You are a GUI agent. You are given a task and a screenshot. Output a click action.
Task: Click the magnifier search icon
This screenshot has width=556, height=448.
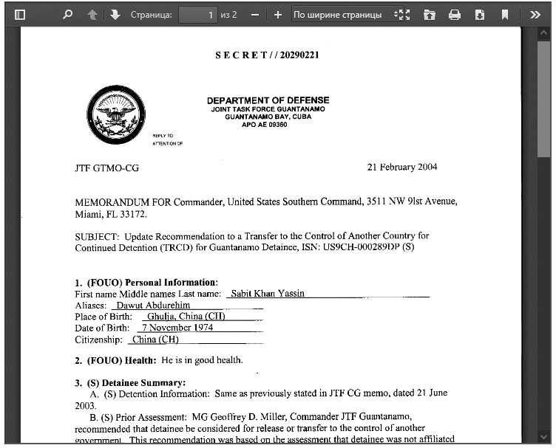coord(67,15)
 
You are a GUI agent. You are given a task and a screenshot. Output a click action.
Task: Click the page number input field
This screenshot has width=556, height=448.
coord(197,15)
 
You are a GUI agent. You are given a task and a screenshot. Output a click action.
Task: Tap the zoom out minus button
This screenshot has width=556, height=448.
coord(255,15)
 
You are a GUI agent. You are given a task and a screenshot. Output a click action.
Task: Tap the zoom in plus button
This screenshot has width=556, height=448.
coord(278,15)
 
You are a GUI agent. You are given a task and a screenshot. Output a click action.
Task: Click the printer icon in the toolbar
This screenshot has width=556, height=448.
coord(455,15)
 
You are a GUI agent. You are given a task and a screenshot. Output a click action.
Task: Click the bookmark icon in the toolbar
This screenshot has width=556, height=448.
coord(504,15)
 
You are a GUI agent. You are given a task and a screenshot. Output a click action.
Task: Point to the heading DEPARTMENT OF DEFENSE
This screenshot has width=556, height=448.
coord(268,100)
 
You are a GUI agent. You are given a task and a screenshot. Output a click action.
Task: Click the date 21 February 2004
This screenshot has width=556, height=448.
coord(402,167)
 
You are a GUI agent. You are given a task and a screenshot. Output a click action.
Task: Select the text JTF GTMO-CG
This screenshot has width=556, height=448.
coord(106,168)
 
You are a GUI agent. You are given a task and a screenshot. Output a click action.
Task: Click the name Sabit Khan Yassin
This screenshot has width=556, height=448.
coord(267,294)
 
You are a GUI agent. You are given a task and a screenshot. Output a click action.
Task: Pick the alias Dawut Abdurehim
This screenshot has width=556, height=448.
coord(153,305)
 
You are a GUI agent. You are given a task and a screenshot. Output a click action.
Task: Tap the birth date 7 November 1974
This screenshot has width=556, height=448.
coord(177,328)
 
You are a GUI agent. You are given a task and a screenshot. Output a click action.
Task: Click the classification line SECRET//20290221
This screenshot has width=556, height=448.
coord(267,55)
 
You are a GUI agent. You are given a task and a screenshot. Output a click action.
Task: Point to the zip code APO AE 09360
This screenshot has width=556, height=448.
coord(264,125)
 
